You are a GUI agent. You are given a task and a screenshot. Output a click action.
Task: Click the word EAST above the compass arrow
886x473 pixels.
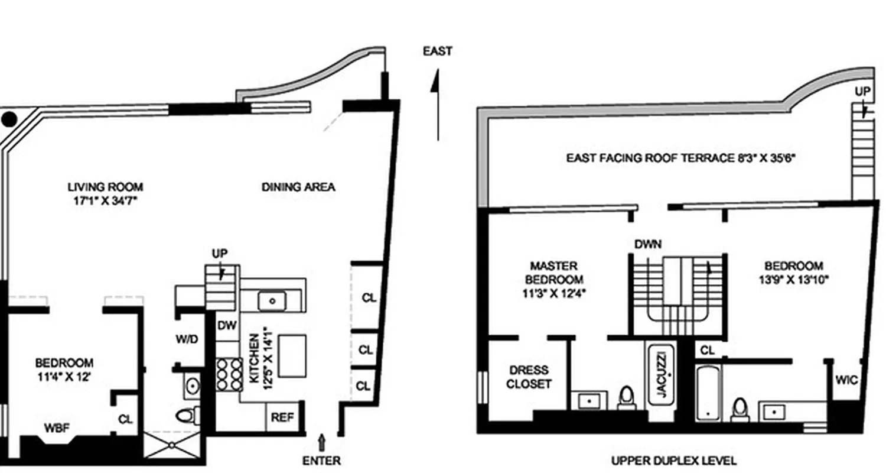(x=437, y=51)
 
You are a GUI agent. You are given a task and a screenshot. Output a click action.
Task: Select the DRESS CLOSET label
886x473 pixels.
(x=528, y=377)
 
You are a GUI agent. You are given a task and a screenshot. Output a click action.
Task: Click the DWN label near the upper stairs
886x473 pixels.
(x=648, y=244)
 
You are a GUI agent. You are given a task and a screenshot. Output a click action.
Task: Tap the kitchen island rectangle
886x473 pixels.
(x=292, y=355)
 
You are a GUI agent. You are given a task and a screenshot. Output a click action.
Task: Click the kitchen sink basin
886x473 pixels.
(x=272, y=301)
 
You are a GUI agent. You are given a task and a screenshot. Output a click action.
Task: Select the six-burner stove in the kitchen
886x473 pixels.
(x=229, y=374)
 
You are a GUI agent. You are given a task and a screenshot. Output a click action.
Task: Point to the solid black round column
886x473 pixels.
(x=9, y=119)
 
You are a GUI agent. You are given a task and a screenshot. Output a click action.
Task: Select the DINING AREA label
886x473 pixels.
(x=298, y=187)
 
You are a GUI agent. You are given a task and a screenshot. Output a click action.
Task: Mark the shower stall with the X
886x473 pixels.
(x=172, y=445)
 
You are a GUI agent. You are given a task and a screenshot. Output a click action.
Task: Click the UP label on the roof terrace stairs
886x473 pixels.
(x=862, y=92)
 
